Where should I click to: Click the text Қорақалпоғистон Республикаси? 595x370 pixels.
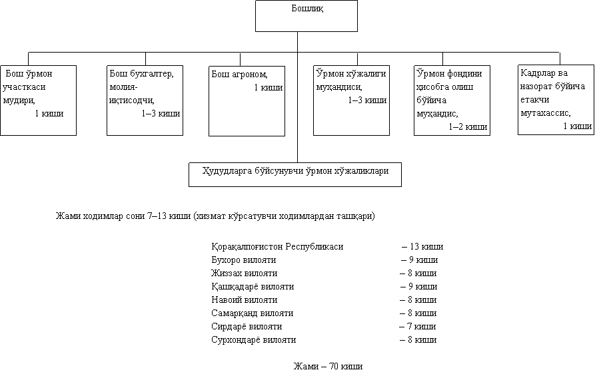tap(277, 247)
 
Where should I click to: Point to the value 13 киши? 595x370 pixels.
tap(426, 247)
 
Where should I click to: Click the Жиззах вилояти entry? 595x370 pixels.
tap(245, 274)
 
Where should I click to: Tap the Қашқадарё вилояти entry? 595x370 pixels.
tap(253, 287)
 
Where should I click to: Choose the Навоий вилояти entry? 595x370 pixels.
tap(245, 300)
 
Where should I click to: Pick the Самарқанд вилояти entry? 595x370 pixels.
tap(253, 313)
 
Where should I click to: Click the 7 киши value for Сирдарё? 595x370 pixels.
tap(421, 326)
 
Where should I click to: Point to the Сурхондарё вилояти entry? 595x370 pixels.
tap(253, 339)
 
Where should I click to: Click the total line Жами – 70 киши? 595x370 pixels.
tap(328, 366)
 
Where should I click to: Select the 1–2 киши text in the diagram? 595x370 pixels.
tap(468, 126)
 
